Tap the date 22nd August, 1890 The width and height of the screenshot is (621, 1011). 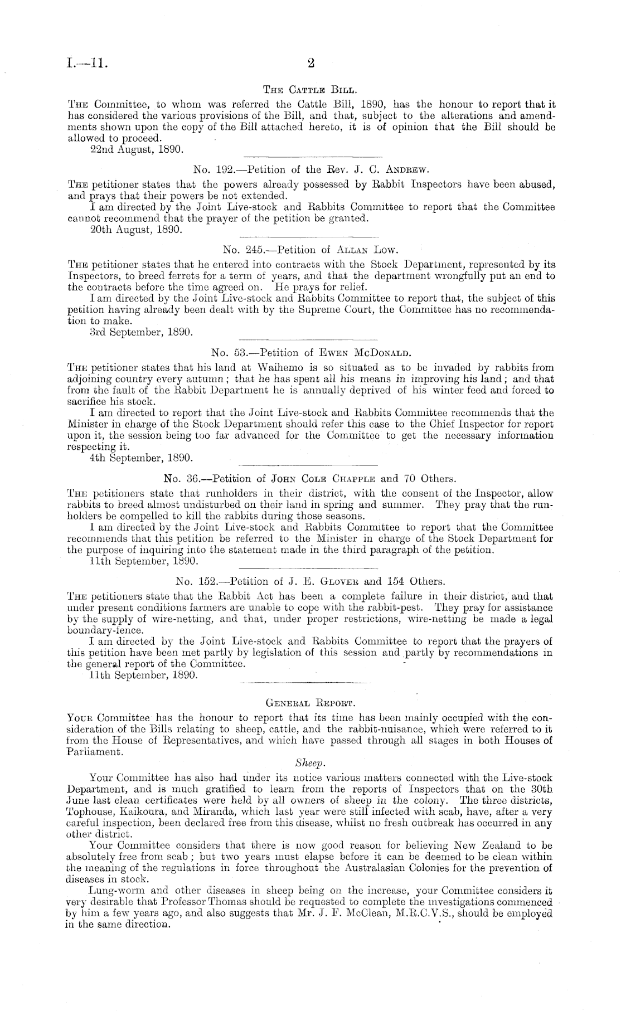pos(134,149)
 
